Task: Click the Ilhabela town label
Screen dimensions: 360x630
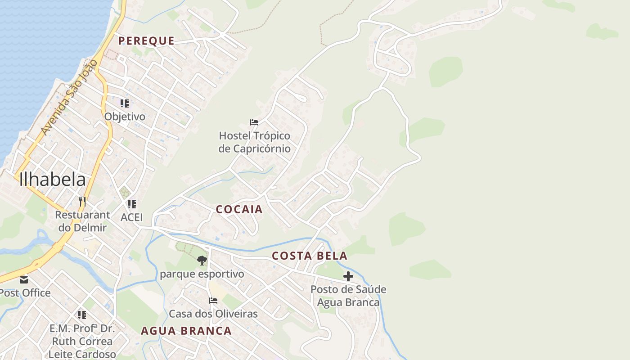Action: pos(52,179)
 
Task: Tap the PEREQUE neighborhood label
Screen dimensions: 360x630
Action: pos(146,41)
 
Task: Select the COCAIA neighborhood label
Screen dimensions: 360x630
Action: pos(239,209)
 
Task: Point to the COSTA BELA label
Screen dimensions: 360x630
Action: pos(310,256)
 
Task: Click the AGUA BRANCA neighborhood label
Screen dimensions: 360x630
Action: pos(186,331)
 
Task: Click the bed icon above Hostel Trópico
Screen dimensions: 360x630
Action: pos(254,122)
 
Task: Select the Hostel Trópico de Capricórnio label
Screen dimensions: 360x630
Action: pos(254,142)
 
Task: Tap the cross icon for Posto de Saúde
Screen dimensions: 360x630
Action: pos(348,276)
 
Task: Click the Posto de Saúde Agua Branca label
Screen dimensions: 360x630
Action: pos(348,296)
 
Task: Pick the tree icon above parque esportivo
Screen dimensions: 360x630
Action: pos(202,260)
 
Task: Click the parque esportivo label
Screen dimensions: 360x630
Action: pos(202,274)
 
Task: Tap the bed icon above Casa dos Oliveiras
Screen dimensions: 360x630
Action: pos(213,300)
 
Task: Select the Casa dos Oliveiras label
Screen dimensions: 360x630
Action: pos(213,314)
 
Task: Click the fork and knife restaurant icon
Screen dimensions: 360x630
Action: pos(82,201)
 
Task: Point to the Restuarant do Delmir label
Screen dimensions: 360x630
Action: pos(82,221)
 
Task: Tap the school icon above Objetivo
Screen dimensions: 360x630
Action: pos(125,103)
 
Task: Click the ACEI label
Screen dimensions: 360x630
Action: pos(131,217)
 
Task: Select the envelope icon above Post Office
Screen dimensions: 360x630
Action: pos(23,279)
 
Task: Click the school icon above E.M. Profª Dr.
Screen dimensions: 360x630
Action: pos(81,315)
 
